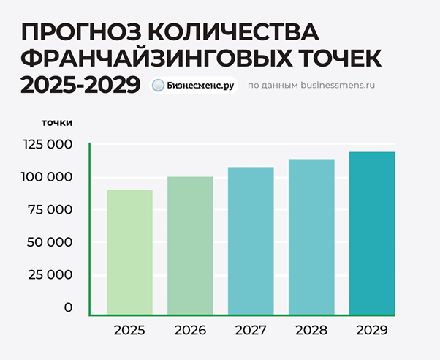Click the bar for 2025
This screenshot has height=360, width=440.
point(129,252)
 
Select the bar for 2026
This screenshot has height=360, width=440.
point(190,246)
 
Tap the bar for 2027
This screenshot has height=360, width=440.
point(251,241)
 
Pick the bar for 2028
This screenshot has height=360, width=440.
point(311,237)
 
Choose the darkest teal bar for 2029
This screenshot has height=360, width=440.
point(372,233)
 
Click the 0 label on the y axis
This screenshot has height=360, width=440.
point(68,307)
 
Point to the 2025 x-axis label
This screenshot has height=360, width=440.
point(129,331)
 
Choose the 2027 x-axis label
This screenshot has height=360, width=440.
point(251,331)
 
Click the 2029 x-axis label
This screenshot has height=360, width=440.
point(372,331)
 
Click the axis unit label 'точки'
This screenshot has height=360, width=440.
point(57,122)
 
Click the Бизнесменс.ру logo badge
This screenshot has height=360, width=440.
point(194,85)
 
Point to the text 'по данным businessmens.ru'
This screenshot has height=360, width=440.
point(311,85)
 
